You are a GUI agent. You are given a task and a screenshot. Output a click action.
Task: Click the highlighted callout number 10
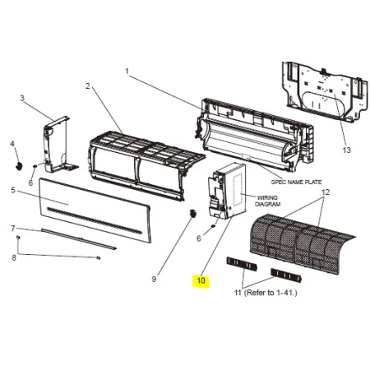(x=201, y=280)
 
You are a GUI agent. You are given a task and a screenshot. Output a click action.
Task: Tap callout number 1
(x=127, y=72)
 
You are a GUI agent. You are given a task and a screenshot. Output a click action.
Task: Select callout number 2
(x=87, y=86)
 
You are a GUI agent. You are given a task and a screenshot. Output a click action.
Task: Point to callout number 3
(x=22, y=98)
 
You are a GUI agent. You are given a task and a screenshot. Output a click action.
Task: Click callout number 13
(x=347, y=150)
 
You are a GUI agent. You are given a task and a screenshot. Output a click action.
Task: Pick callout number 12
(x=326, y=192)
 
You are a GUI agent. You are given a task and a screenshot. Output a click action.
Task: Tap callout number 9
(x=154, y=279)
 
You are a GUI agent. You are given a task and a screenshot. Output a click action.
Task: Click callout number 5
(x=13, y=190)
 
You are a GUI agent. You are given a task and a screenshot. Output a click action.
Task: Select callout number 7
(x=13, y=228)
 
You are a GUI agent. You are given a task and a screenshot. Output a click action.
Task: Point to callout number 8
(x=14, y=257)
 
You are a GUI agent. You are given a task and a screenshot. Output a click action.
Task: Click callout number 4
(x=12, y=143)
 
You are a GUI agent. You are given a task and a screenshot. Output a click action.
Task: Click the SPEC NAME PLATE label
(x=296, y=182)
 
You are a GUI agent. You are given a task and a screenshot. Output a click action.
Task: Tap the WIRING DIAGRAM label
(x=267, y=201)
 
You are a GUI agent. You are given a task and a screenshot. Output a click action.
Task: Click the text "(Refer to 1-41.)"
(x=271, y=293)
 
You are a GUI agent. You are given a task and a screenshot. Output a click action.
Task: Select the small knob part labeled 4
(x=19, y=166)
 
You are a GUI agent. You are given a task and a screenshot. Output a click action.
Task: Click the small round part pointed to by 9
(x=193, y=213)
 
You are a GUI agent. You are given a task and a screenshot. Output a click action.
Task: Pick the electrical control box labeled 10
(x=226, y=191)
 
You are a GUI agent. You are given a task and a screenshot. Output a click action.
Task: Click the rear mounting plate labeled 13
(x=325, y=91)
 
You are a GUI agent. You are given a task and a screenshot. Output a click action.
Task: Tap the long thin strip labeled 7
(x=79, y=238)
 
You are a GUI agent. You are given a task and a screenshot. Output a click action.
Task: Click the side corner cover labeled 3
(x=58, y=145)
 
